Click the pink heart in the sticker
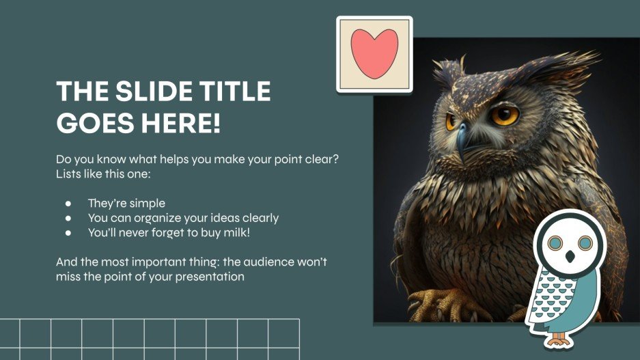pos(374,54)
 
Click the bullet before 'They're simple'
pos(68,204)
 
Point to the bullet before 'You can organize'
pos(68,219)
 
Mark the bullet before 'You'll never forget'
pos(68,233)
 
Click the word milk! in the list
pos(247,233)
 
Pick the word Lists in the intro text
pos(69,174)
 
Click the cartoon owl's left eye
pos(556,242)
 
